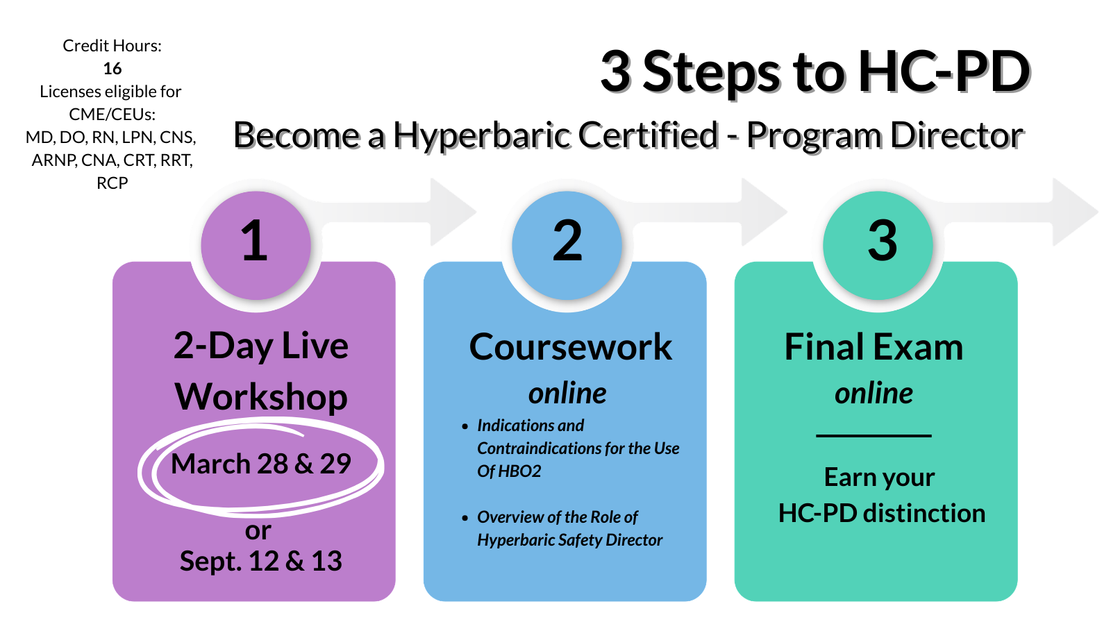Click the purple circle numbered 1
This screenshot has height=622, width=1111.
[256, 246]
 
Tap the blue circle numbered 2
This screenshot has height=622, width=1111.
[567, 246]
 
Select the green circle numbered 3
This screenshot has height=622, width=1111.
[878, 246]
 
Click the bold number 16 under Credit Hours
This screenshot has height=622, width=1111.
[112, 69]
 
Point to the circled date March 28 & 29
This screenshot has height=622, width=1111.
[261, 464]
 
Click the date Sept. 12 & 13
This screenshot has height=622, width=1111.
[261, 561]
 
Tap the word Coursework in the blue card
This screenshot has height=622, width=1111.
[570, 346]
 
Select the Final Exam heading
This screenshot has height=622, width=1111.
[874, 346]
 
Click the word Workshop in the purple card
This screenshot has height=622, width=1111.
[261, 397]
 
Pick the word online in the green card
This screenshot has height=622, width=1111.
[874, 394]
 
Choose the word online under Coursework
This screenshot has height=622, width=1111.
[567, 394]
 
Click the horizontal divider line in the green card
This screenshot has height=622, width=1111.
[874, 435]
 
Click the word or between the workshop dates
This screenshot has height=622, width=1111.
[258, 531]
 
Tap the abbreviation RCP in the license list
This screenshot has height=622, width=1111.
[112, 183]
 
